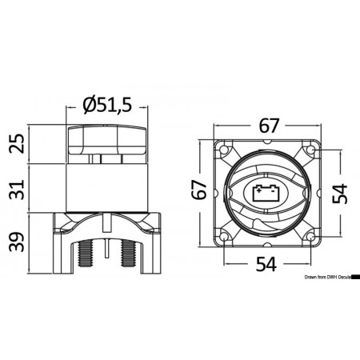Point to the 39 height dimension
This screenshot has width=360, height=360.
click(x=14, y=240)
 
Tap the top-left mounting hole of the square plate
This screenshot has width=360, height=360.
click(x=226, y=149)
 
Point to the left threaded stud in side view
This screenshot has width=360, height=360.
click(x=83, y=254)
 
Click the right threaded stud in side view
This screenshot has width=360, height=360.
click(x=126, y=254)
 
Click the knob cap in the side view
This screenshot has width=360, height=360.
click(x=106, y=144)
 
